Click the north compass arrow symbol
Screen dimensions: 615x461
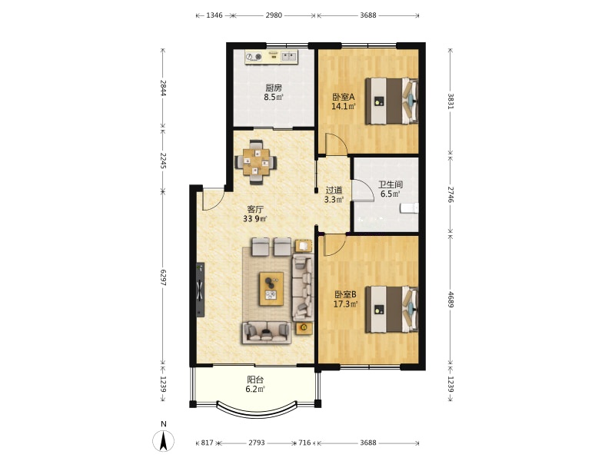[x=164, y=440]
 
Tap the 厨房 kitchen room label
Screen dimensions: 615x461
[x=274, y=88]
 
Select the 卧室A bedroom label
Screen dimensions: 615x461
[x=344, y=97]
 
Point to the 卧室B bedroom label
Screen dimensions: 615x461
[x=345, y=294]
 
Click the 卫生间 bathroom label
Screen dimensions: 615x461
[x=391, y=184]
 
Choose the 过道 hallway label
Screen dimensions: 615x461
[x=334, y=190]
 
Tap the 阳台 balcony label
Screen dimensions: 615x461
[x=255, y=380]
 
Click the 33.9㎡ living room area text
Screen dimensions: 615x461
[x=254, y=219]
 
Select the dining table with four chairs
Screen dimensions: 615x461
[x=256, y=162]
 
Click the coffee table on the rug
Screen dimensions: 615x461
[x=271, y=289]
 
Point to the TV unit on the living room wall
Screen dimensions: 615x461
[x=201, y=290]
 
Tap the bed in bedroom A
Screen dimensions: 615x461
[x=391, y=101]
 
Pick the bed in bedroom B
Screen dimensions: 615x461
[x=391, y=310]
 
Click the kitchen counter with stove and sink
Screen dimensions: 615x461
[x=271, y=57]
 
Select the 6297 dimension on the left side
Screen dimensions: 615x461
[x=163, y=277]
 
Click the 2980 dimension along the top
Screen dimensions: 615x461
[x=274, y=15]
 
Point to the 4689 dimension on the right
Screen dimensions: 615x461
[x=450, y=299]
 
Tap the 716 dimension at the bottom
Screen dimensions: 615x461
[x=304, y=443]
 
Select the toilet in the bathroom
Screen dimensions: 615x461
[x=409, y=208]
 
